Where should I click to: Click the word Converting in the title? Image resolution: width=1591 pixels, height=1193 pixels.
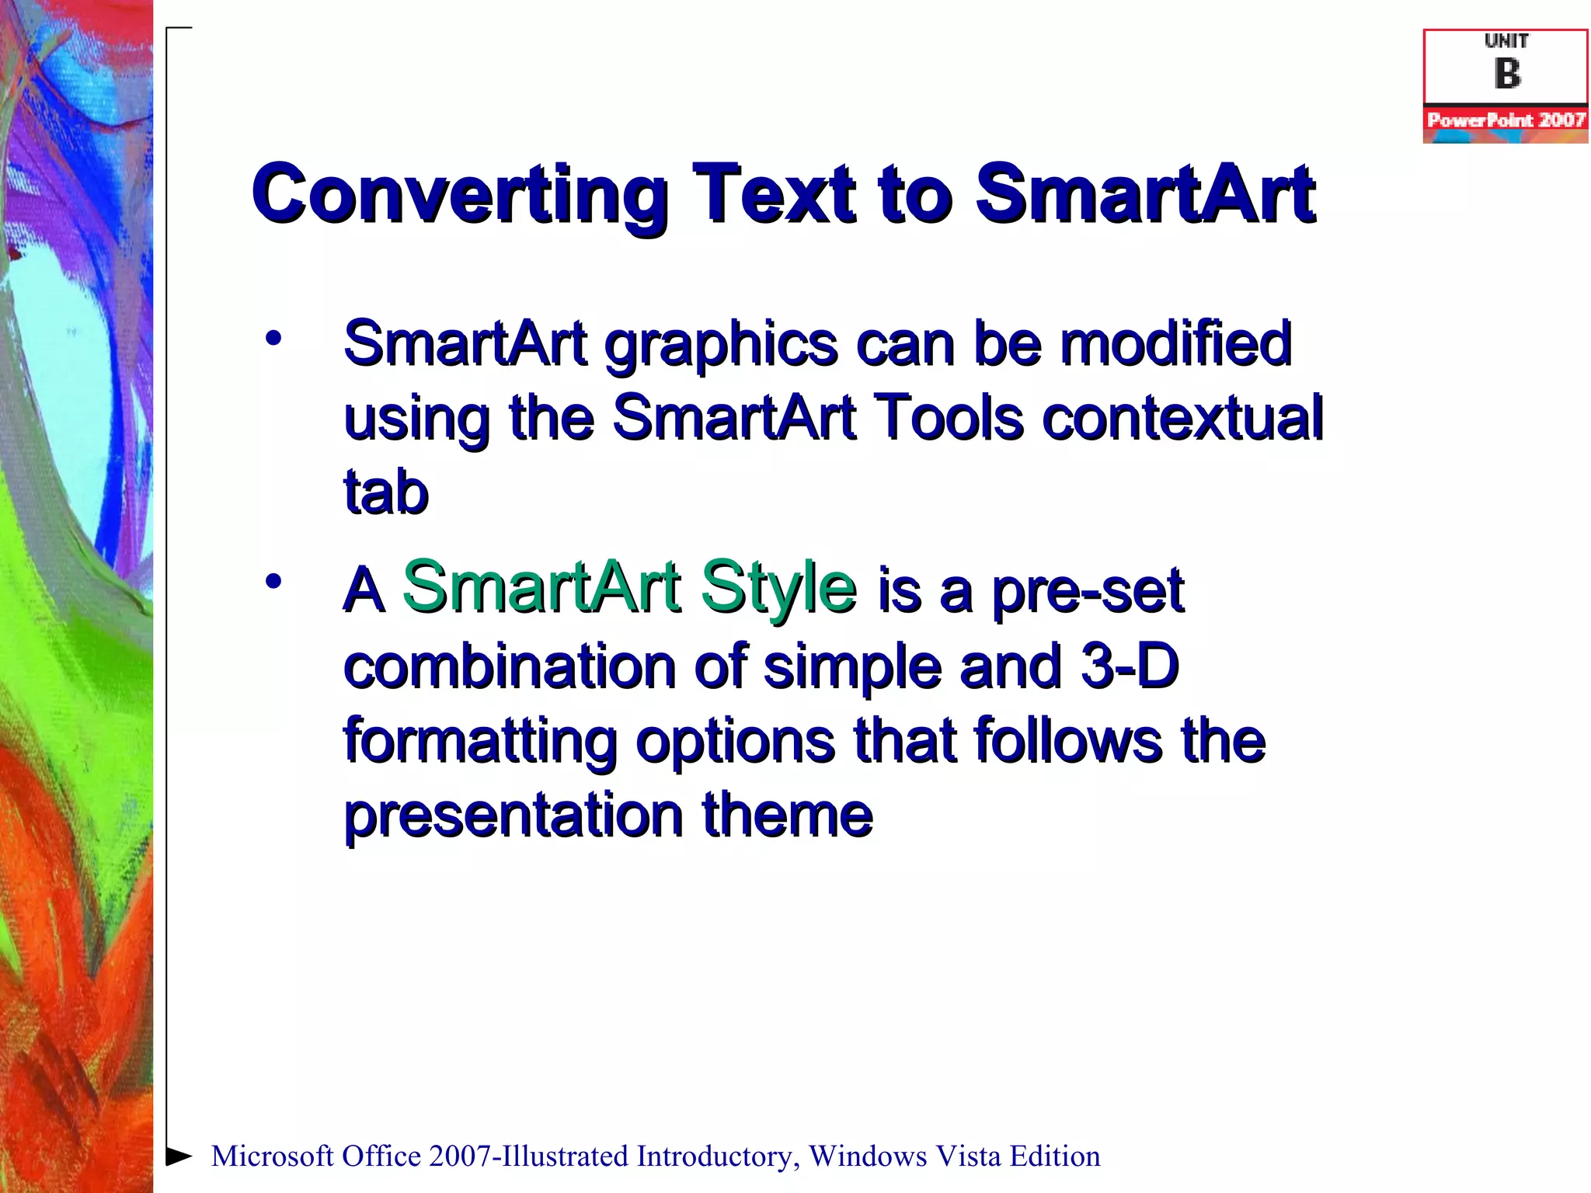(459, 194)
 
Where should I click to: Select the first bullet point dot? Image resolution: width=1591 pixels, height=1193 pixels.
(273, 339)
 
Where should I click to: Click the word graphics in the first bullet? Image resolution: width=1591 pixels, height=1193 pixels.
(720, 346)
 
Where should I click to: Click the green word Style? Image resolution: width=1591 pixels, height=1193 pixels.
(778, 589)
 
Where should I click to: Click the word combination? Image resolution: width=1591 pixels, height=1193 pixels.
(509, 666)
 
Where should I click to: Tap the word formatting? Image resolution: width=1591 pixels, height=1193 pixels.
(479, 743)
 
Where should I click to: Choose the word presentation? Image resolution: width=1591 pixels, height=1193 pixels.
(513, 816)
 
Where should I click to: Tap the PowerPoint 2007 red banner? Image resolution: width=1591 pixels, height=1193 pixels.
(1506, 120)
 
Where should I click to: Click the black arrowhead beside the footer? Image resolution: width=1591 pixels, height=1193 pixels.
(179, 1156)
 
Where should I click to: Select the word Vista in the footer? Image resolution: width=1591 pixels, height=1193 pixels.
(967, 1156)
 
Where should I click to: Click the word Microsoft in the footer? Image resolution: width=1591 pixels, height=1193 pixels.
(272, 1156)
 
